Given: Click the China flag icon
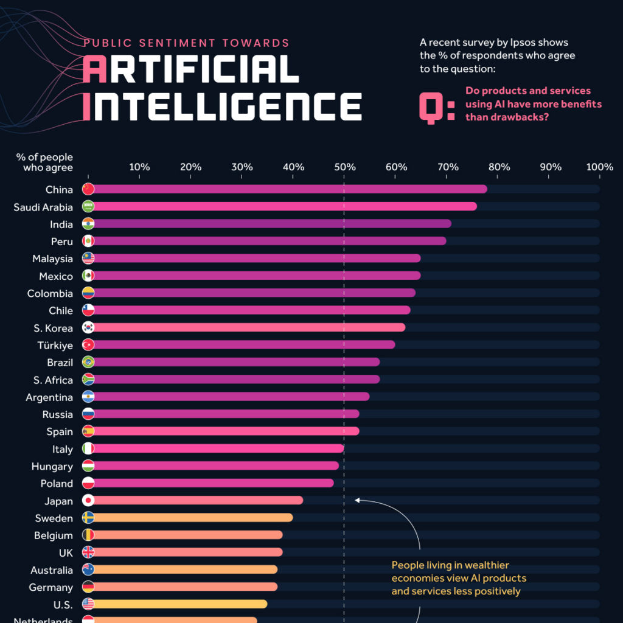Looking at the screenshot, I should click(88, 189).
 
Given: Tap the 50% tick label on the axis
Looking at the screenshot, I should click(344, 167).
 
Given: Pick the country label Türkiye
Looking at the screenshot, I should click(57, 345).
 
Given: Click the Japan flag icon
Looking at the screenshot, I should click(88, 501).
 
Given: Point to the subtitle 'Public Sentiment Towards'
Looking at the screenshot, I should click(186, 43).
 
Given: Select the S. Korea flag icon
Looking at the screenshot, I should click(88, 327).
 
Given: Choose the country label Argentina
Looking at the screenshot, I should click(49, 397).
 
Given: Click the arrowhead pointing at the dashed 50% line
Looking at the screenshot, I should click(358, 501).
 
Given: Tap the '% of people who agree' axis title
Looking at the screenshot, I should click(44, 162).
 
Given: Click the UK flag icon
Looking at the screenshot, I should click(88, 552).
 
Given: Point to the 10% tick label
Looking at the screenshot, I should click(139, 167).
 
